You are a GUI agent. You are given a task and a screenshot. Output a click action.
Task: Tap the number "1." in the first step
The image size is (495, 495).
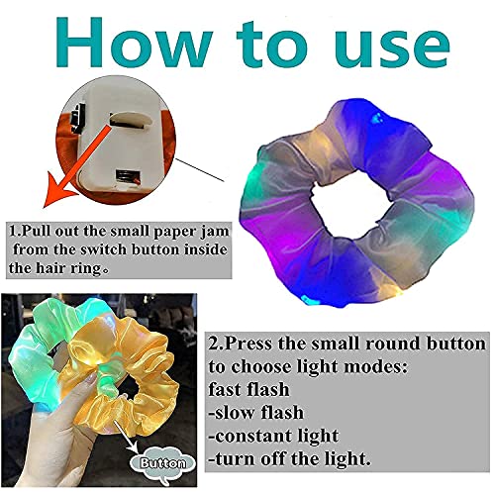[x=16, y=230]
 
